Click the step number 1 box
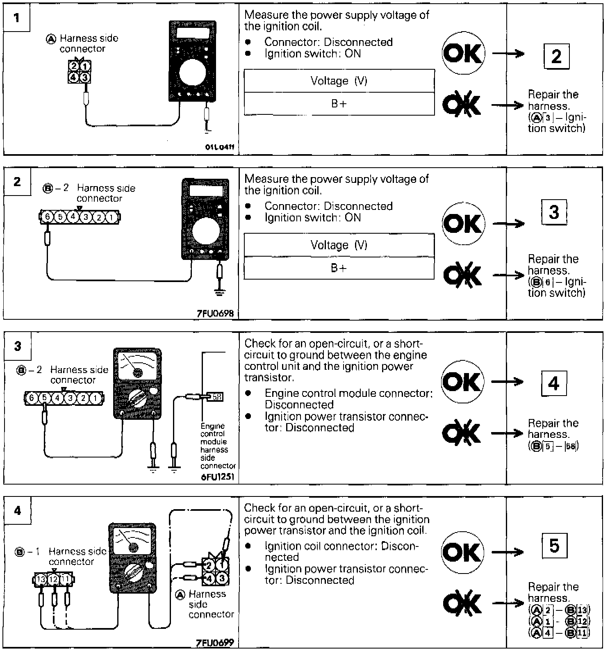(17, 18)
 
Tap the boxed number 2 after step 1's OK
(556, 56)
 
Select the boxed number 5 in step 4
(554, 546)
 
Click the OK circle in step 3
(462, 382)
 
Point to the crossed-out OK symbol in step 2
(462, 274)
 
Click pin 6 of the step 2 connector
(47, 216)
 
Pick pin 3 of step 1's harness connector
(85, 77)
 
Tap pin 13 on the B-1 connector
(41, 580)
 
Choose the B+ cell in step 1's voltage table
(339, 104)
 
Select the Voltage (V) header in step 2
(339, 245)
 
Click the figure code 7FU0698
(215, 314)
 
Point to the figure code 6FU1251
(218, 478)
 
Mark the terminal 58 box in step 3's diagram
(217, 397)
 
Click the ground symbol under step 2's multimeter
(220, 293)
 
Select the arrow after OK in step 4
(508, 552)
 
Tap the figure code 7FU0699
(215, 642)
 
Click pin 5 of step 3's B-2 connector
(44, 398)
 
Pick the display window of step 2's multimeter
(206, 191)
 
